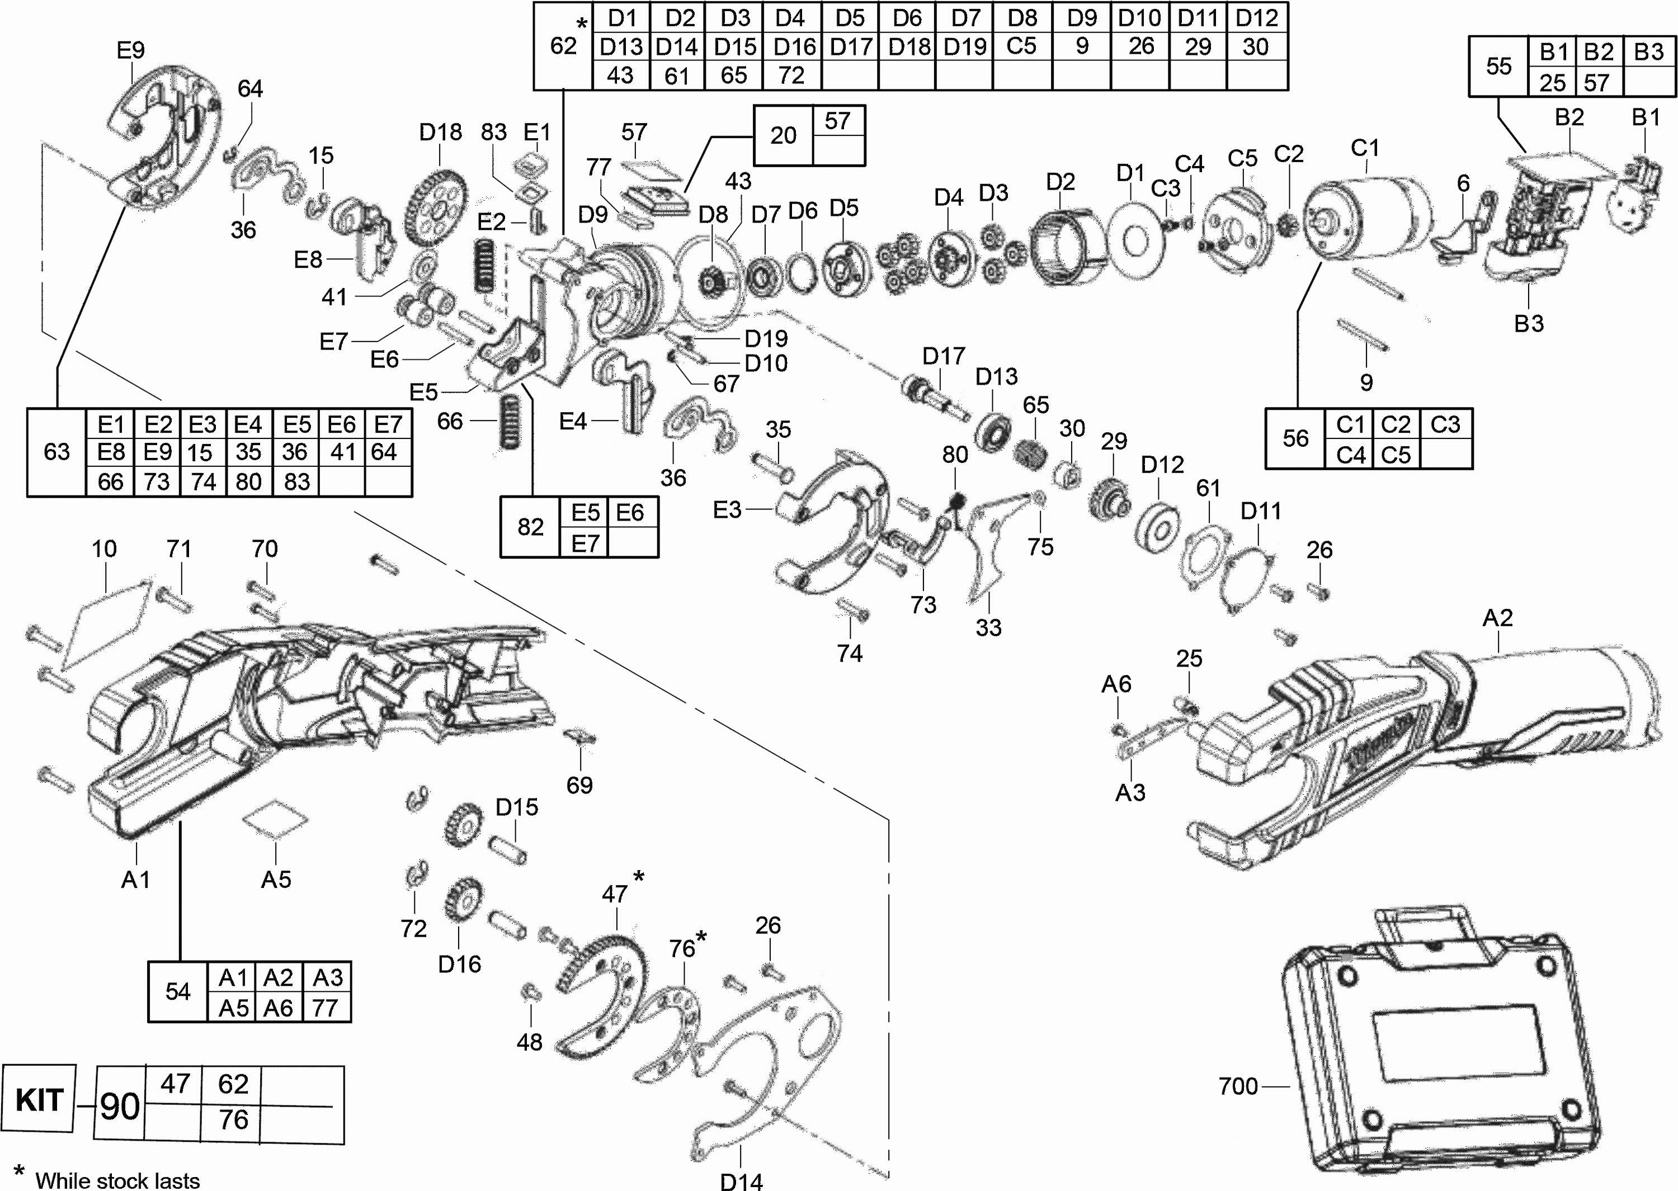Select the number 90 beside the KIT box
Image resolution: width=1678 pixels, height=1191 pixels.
tap(120, 1105)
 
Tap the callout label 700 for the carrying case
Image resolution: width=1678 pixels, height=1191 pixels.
tap(1238, 1085)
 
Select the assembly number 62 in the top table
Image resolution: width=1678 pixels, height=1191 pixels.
tap(563, 45)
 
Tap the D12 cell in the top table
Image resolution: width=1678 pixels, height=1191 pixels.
tap(1257, 17)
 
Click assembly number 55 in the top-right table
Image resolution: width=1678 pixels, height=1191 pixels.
tap(1498, 66)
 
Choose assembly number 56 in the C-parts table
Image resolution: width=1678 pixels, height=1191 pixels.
tap(1295, 438)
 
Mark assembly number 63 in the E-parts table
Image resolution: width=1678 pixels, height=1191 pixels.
tap(56, 451)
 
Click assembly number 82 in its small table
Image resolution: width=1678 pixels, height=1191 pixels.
tap(530, 527)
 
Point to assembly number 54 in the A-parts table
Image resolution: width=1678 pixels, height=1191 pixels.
tap(177, 991)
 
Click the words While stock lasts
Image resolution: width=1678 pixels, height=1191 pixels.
tap(117, 1180)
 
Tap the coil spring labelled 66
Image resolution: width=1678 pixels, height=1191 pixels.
tap(510, 421)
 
